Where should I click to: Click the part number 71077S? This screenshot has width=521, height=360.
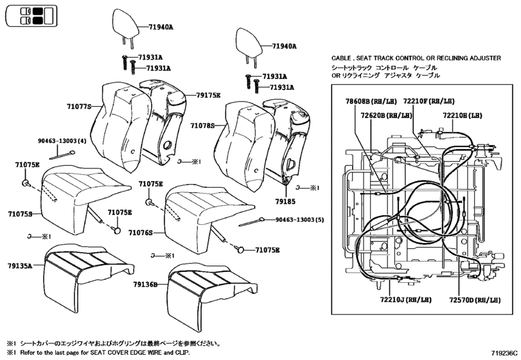tap(79, 106)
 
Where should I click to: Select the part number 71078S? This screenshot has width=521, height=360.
tap(202, 125)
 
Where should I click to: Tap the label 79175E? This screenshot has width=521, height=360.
tap(208, 95)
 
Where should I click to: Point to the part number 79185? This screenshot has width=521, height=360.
tap(285, 201)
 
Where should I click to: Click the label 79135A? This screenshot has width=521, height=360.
tap(20, 265)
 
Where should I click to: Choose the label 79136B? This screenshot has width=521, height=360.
tap(145, 285)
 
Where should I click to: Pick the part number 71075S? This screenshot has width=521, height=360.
tap(21, 214)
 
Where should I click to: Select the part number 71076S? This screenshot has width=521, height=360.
tap(141, 233)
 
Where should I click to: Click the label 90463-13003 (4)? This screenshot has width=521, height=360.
tap(62, 141)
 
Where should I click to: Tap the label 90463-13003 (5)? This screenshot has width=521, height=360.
tap(300, 220)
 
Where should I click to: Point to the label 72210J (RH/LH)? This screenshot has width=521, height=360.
tap(406, 300)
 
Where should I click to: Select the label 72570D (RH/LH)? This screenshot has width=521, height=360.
tap(475, 300)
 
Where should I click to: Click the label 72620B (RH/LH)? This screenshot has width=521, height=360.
tap(387, 115)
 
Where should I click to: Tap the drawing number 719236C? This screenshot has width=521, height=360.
tap(505, 353)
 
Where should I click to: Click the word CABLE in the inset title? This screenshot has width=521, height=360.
tap(341, 58)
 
